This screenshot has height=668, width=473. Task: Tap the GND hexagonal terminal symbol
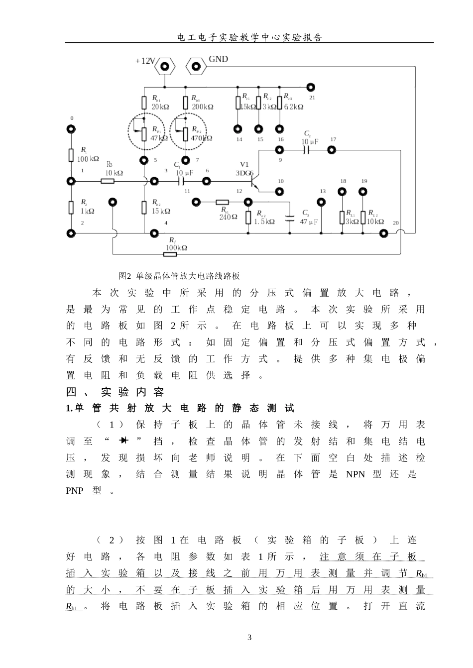click(x=196, y=66)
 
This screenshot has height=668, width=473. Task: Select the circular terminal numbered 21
click(x=311, y=86)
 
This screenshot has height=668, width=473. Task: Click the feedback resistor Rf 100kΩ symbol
click(x=170, y=254)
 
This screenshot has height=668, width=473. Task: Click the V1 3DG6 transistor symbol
click(x=254, y=182)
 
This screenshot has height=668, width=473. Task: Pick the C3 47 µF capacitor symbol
click(x=290, y=218)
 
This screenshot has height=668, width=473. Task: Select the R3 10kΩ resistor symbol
click(x=108, y=181)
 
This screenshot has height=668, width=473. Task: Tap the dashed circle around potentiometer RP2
click(x=186, y=130)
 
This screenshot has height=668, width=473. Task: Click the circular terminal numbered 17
click(x=332, y=149)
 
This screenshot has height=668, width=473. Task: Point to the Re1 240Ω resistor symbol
click(x=222, y=202)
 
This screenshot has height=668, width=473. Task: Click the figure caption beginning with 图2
click(x=179, y=276)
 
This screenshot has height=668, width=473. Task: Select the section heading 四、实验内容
click(x=115, y=392)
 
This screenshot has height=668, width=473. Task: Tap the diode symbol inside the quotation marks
click(x=123, y=441)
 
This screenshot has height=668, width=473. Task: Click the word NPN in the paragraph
click(x=355, y=474)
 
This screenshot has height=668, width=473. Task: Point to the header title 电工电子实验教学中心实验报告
click(x=249, y=37)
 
